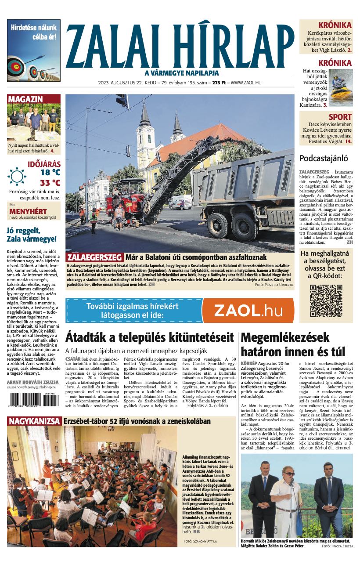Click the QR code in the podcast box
click(x=326, y=301)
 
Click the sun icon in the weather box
click(x=17, y=176)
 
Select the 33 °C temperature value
click(x=50, y=183)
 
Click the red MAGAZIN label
click(x=25, y=99)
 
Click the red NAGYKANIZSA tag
click(x=34, y=421)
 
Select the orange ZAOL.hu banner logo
click(x=248, y=311)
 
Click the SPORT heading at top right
click(x=340, y=117)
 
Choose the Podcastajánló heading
click(x=324, y=158)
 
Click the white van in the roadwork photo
click(x=180, y=202)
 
